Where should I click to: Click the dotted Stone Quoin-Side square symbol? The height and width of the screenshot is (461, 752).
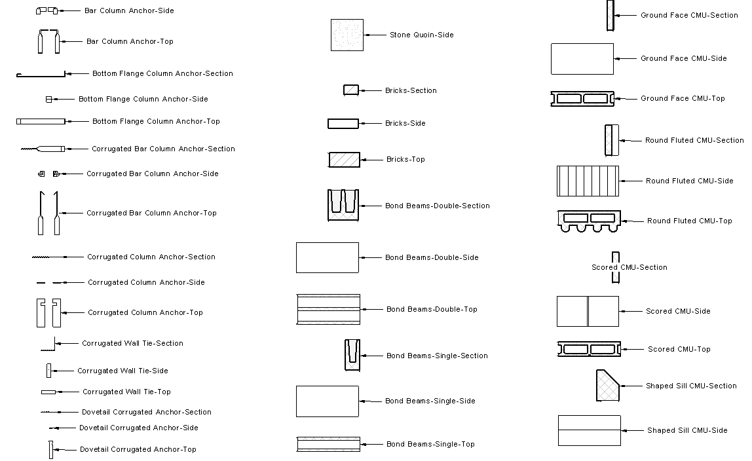tap(347, 35)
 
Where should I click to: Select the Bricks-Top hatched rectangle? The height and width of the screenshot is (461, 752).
tap(344, 160)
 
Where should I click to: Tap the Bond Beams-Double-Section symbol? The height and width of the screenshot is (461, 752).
tap(343, 206)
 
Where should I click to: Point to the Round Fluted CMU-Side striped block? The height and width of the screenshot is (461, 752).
tap(588, 181)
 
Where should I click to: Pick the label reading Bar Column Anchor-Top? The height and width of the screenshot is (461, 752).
tap(130, 41)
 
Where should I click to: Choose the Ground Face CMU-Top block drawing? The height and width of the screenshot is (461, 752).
tap(582, 99)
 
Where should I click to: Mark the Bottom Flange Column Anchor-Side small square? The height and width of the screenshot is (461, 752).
tap(48, 100)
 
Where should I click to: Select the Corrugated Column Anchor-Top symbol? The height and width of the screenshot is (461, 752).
tap(48, 313)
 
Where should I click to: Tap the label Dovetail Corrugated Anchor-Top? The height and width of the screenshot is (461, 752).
tap(138, 449)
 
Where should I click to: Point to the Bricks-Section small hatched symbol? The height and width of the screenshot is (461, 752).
tap(351, 90)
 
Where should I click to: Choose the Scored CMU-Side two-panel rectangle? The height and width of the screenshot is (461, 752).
tap(588, 311)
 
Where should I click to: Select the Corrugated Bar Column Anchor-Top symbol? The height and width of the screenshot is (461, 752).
tap(48, 213)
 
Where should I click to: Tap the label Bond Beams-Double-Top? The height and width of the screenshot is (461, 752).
tap(432, 309)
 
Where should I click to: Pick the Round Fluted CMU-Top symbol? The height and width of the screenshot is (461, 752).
tap(588, 222)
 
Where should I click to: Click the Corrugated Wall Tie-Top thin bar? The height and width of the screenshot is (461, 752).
tap(48, 392)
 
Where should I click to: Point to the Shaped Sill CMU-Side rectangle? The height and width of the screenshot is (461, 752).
tap(589, 430)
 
